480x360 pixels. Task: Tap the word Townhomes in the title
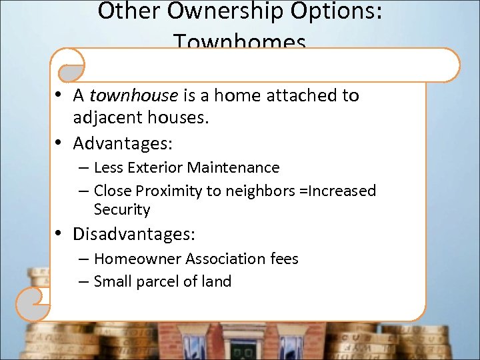(x=240, y=43)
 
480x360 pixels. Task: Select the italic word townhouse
(x=133, y=95)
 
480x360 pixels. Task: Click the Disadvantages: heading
(x=134, y=234)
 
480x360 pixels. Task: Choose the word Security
(x=122, y=209)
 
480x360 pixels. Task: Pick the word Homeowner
(x=137, y=259)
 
